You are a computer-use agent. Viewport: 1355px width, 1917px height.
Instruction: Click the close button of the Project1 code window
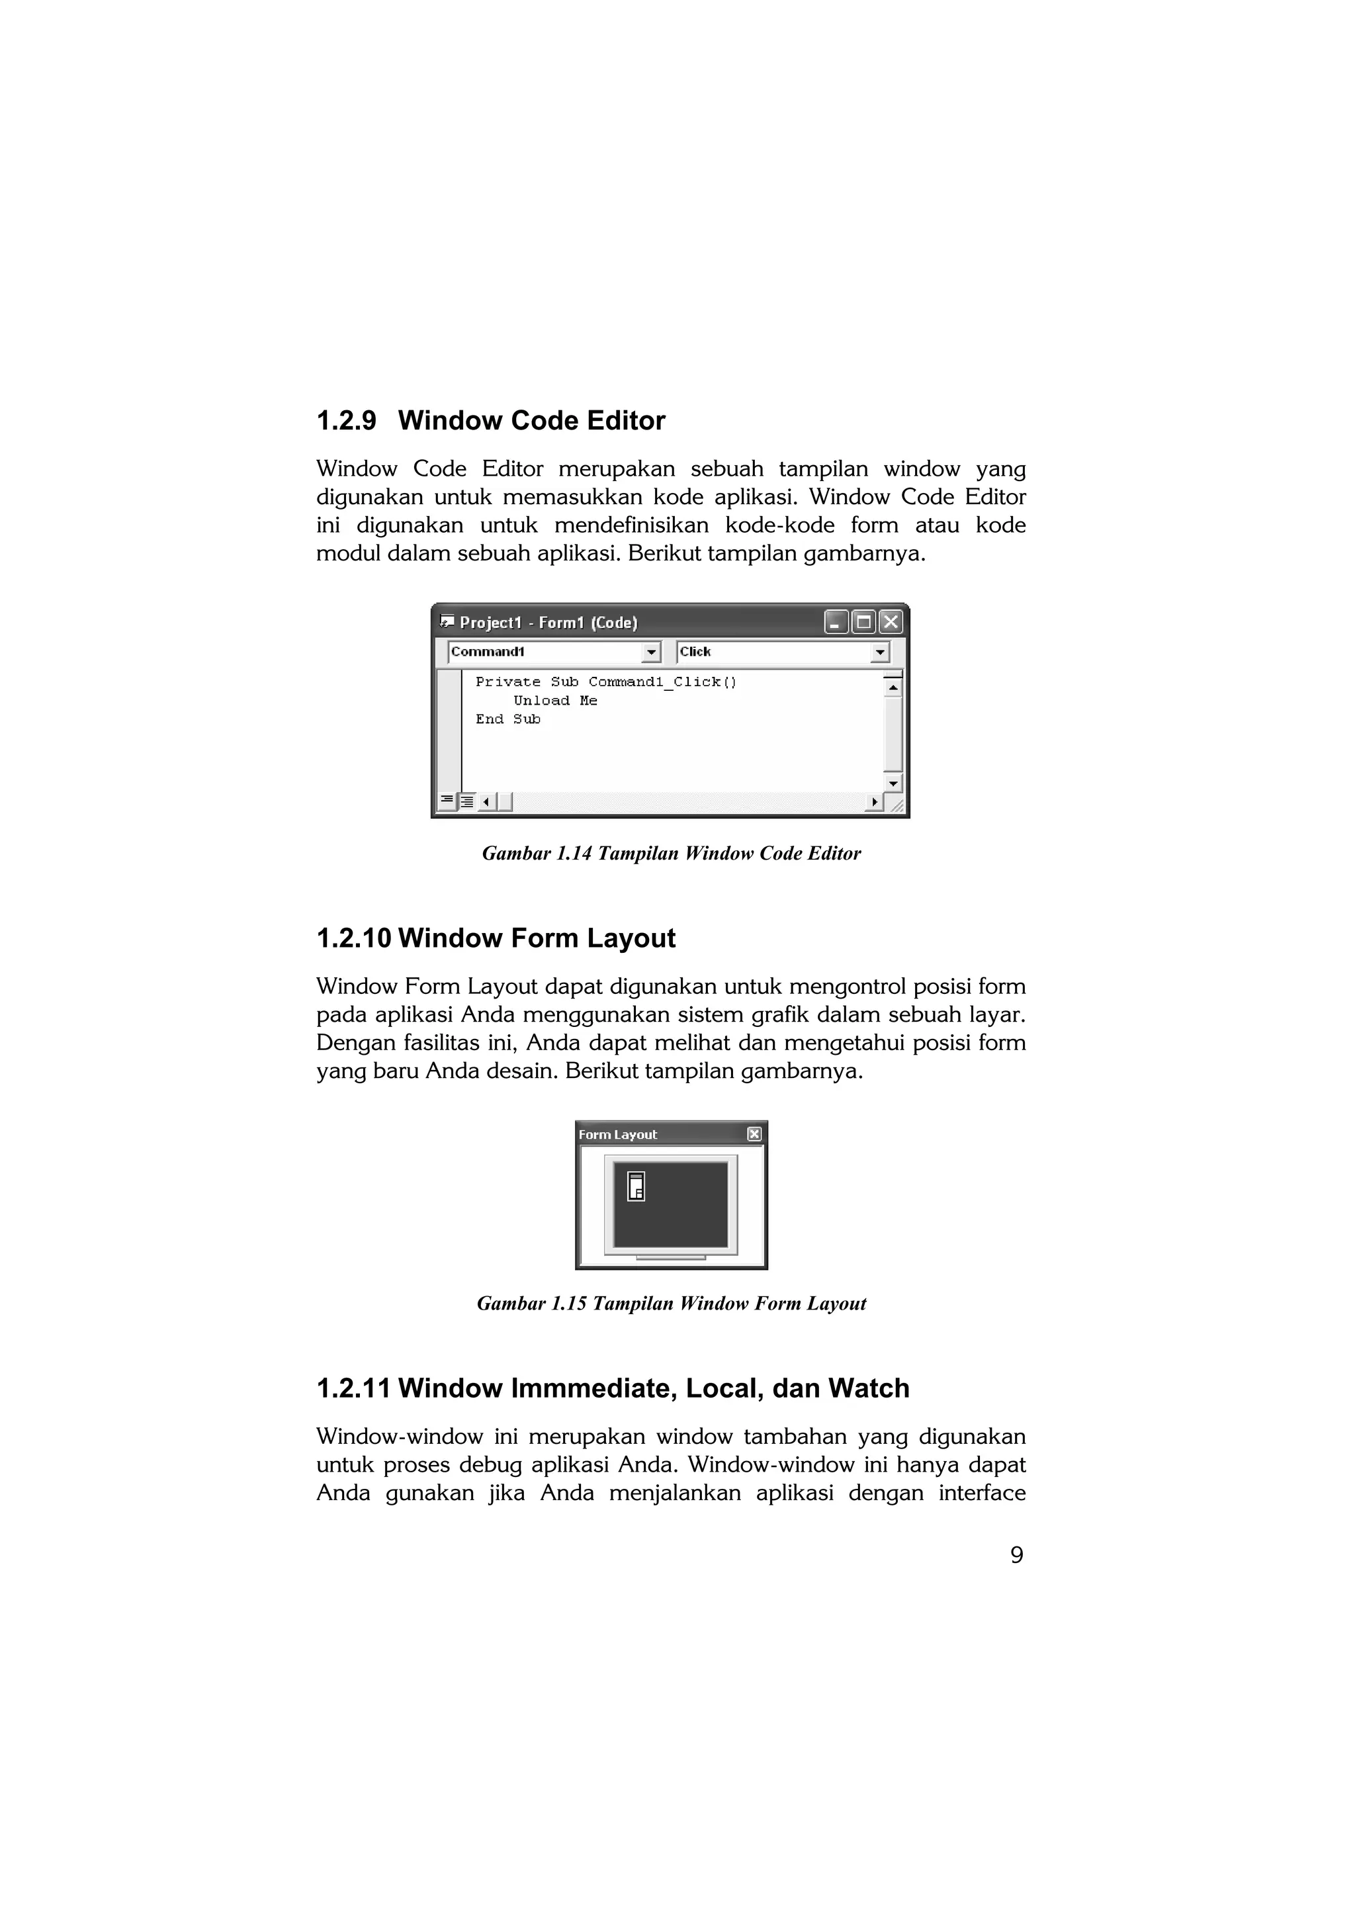coord(891,622)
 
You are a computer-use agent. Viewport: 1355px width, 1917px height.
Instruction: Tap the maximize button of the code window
coord(864,622)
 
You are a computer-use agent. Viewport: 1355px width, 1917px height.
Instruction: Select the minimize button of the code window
coord(836,622)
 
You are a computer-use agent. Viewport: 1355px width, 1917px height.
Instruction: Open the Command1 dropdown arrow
coord(651,652)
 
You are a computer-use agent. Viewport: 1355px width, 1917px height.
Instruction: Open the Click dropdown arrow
coord(880,652)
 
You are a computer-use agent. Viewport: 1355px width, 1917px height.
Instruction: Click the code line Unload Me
coord(555,701)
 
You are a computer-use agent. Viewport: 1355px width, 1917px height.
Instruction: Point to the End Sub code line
coord(507,719)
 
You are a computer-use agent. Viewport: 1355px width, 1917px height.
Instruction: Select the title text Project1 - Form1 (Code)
coord(548,623)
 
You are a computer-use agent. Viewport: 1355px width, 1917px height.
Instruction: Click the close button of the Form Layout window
coord(754,1134)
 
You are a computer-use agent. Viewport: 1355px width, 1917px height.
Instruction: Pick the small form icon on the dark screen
coord(636,1186)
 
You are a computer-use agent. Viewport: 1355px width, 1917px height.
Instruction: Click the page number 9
coord(1016,1554)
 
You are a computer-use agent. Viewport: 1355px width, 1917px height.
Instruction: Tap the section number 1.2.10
coord(354,938)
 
